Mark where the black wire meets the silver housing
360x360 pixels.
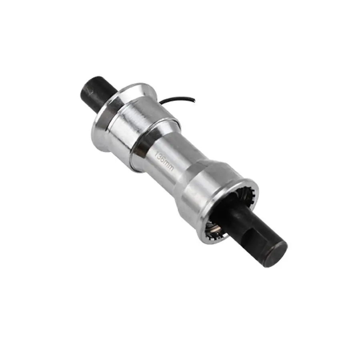(161, 104)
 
